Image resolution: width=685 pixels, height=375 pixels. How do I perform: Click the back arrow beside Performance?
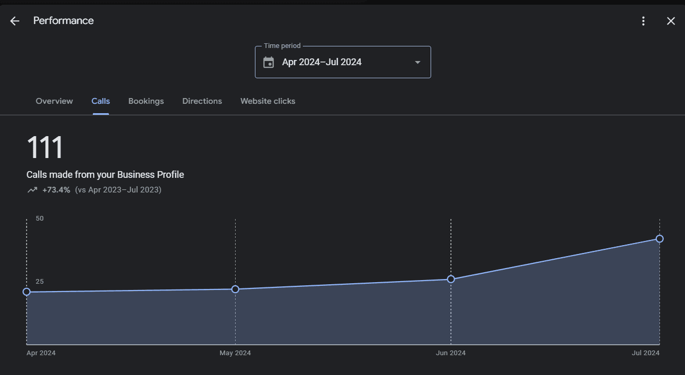(15, 21)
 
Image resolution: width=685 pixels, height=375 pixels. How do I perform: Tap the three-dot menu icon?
(643, 21)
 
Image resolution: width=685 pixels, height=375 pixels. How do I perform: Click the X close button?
(671, 21)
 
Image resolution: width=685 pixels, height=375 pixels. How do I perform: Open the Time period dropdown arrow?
(418, 63)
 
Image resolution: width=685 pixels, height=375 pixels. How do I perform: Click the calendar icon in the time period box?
(268, 63)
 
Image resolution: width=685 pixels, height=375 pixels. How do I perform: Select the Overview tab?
(54, 101)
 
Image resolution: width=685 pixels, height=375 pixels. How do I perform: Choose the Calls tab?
(101, 101)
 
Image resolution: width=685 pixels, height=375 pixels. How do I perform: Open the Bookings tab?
(146, 101)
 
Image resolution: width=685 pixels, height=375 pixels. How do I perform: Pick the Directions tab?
(202, 101)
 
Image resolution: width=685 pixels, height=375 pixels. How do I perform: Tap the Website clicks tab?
(267, 101)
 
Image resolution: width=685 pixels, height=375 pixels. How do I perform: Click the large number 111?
(45, 148)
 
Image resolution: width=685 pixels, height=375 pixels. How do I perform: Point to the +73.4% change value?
(56, 190)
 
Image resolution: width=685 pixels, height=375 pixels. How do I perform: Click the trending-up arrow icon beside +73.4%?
(32, 190)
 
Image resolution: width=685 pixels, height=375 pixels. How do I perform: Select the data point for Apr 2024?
(27, 292)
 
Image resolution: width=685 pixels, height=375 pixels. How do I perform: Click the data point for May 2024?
(235, 289)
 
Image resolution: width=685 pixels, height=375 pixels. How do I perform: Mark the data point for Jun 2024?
(451, 279)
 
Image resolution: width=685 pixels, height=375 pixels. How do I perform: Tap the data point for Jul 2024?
(659, 238)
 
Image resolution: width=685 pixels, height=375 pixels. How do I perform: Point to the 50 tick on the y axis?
(40, 219)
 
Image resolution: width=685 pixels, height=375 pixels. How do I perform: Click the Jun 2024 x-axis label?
(451, 353)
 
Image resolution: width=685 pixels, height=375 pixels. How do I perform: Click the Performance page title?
(63, 21)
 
